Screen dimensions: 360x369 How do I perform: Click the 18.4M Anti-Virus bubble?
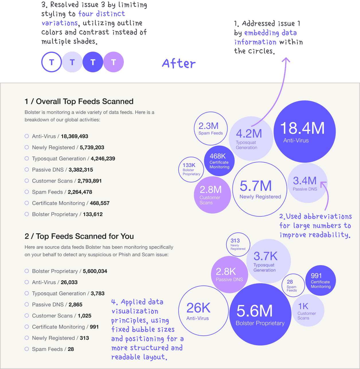(x=304, y=131)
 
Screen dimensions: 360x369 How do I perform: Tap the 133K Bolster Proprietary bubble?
(x=191, y=169)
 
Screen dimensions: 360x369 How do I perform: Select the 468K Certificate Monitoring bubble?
(x=219, y=161)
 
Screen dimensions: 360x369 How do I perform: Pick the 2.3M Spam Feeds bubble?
(x=211, y=128)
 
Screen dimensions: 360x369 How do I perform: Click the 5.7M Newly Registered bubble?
(x=260, y=189)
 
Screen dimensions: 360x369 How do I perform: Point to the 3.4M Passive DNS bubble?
(x=307, y=183)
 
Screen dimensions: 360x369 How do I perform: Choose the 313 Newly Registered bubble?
(x=238, y=244)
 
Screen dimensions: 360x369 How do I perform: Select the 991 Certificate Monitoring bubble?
(x=320, y=280)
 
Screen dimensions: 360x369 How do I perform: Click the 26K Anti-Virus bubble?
(x=203, y=311)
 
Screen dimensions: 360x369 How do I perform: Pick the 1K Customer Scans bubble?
(x=308, y=310)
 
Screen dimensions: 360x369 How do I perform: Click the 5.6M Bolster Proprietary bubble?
(x=260, y=314)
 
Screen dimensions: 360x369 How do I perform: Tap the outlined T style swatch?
(x=52, y=62)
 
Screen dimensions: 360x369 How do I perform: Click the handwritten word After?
(x=179, y=63)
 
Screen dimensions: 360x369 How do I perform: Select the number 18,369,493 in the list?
(x=75, y=136)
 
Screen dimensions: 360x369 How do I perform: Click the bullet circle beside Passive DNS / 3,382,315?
(x=27, y=170)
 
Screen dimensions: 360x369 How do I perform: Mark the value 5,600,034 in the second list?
(x=95, y=271)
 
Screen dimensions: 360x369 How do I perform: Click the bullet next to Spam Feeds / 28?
(x=27, y=349)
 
